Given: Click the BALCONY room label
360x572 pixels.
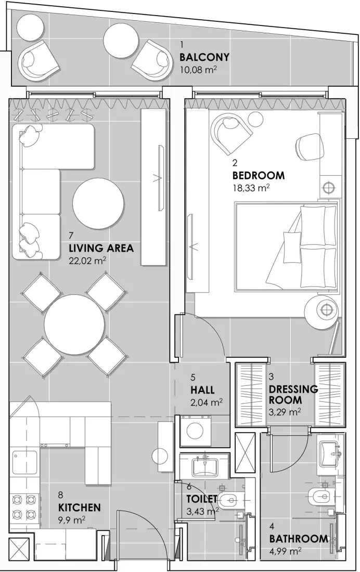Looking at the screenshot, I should (x=204, y=57).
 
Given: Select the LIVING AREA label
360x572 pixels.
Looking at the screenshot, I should (x=101, y=248).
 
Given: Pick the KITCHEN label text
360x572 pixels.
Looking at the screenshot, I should (x=79, y=507).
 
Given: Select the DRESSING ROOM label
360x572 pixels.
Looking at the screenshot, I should (x=293, y=395).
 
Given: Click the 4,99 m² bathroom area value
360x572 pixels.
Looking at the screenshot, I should (x=286, y=550).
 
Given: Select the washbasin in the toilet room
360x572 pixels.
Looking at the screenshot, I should (x=207, y=466).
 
